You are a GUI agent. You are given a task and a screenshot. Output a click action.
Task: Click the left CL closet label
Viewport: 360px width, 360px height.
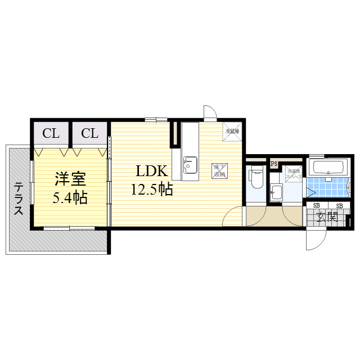[x=51, y=134]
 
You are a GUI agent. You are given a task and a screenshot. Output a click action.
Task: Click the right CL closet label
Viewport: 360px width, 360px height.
[x=90, y=134]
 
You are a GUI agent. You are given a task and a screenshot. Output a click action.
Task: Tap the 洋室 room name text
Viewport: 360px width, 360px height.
[x=70, y=180]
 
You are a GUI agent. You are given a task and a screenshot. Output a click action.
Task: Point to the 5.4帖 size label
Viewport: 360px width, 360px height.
[x=70, y=197]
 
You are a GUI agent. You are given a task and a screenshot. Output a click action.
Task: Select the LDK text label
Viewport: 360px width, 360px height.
[x=149, y=172]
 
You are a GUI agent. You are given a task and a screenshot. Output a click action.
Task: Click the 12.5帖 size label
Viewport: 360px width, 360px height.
[x=151, y=190]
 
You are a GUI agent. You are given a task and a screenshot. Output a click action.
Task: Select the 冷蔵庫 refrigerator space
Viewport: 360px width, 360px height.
[x=232, y=131]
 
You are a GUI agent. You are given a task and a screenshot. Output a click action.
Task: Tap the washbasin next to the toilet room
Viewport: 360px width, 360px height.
[x=276, y=192]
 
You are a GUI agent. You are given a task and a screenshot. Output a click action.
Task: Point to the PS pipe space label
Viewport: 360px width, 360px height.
[x=274, y=164]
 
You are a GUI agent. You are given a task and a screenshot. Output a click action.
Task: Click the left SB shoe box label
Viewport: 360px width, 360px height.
[x=316, y=206]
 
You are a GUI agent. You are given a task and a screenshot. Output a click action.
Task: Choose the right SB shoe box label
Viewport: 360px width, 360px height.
[x=339, y=206]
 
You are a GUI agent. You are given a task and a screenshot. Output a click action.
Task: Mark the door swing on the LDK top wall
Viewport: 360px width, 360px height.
[x=209, y=112]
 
